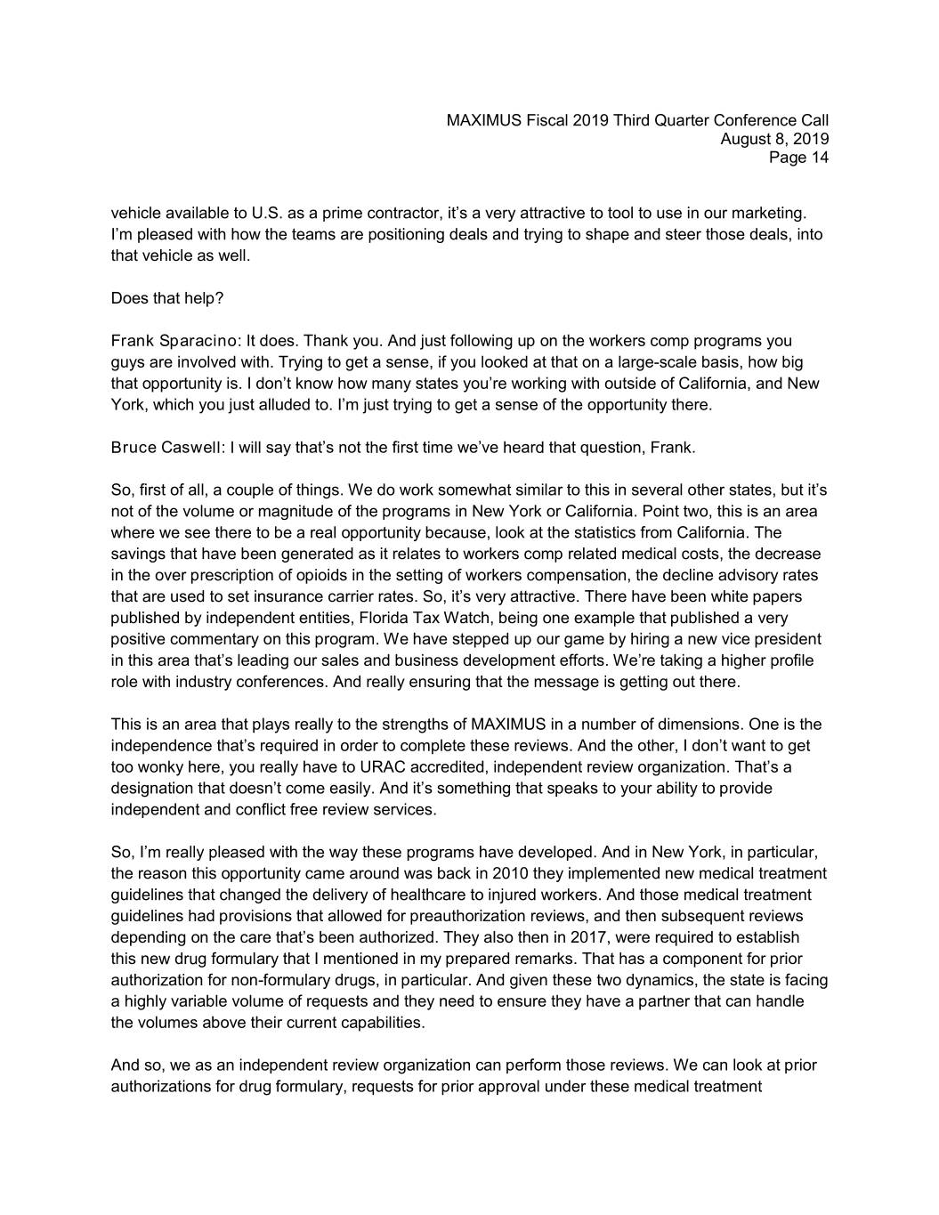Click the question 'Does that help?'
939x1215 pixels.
tap(167, 298)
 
